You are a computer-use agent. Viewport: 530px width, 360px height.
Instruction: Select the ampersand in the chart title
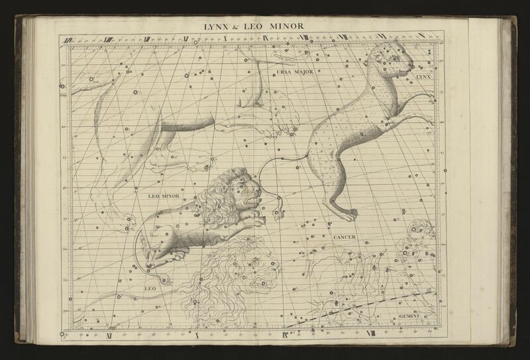tap(240, 27)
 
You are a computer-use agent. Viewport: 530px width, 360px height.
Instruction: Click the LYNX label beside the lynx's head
tap(423, 78)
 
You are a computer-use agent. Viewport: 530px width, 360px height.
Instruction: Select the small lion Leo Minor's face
tap(250, 190)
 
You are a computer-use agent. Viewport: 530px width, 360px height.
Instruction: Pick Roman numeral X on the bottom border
tap(196, 333)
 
